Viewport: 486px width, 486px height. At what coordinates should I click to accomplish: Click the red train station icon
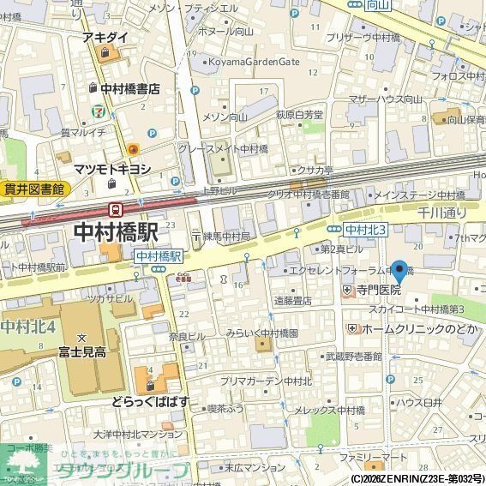point(115,208)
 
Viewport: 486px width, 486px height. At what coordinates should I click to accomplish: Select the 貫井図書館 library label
point(33,189)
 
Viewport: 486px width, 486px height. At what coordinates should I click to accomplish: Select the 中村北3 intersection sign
point(367,229)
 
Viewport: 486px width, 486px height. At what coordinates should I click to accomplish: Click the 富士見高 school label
point(82,351)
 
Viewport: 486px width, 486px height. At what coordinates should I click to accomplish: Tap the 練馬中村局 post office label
point(225,235)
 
